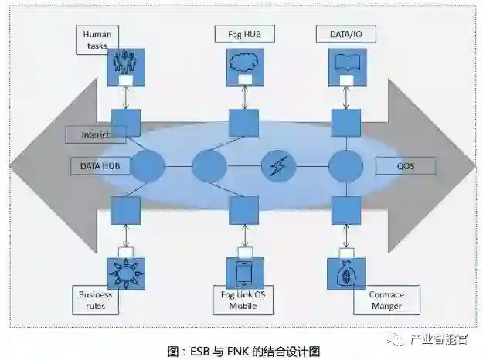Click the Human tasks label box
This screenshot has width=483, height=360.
coord(97,40)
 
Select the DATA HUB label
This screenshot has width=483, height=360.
coord(99,165)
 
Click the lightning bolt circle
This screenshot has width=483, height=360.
coord(277,166)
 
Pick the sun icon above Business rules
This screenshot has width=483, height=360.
coord(126,271)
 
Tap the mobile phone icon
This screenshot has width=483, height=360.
coord(243,271)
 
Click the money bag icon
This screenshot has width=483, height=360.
coord(346,271)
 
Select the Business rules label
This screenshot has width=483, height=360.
coord(96,300)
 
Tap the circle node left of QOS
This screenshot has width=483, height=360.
coord(345,166)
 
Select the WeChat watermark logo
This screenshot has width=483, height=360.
coord(397,337)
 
